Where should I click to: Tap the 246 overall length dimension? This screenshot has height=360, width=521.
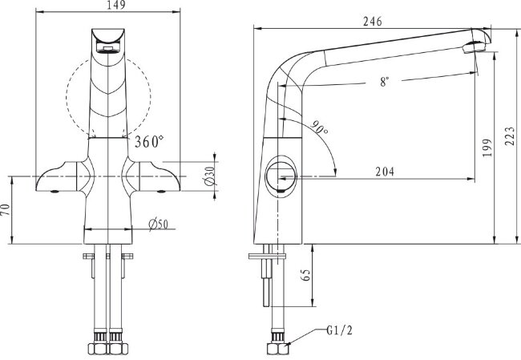click(372, 23)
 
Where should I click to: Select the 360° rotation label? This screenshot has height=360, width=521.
click(149, 142)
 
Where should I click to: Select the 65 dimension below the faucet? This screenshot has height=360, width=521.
click(306, 274)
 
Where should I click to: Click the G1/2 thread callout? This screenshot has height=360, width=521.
click(340, 330)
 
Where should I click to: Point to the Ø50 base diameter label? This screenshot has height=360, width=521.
click(157, 224)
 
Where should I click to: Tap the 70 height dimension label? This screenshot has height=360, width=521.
click(6, 211)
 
